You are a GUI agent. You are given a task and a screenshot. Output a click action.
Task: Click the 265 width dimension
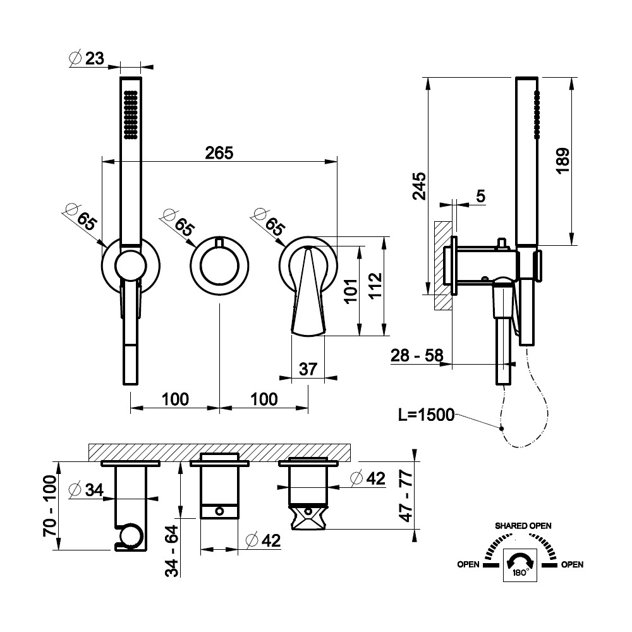pos(219,153)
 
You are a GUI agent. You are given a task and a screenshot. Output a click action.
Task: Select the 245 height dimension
pos(418,185)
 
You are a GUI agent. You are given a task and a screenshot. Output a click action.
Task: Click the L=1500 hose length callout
pos(427,415)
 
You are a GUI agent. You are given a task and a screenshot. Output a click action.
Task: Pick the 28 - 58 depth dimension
pos(416,356)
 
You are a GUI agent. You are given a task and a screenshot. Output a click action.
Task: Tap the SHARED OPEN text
pos(523,526)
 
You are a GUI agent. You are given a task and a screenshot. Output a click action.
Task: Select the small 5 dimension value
pos(480,196)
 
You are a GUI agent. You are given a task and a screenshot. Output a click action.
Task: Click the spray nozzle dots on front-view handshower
pos(131,114)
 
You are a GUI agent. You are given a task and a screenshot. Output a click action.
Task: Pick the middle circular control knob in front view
pos(219,265)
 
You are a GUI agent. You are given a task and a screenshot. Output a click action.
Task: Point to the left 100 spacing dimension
pos(175,399)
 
